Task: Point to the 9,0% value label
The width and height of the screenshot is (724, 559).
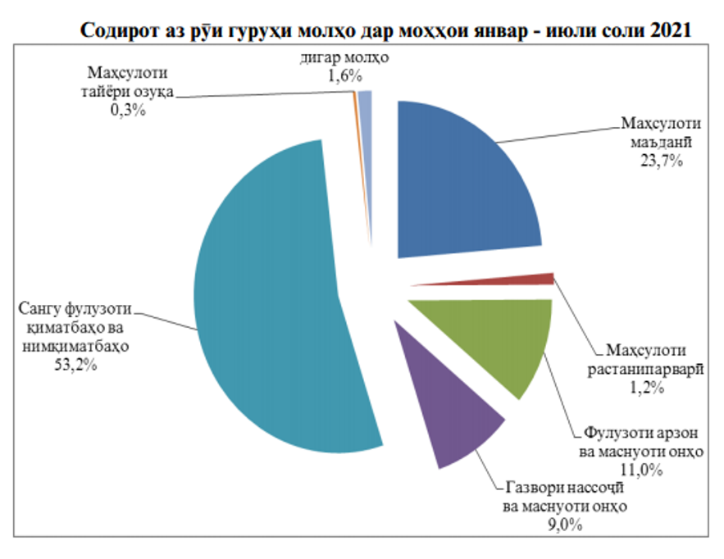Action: coord(563,525)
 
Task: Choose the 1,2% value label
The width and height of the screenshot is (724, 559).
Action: coord(646,388)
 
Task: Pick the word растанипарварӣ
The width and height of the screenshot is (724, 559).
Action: coord(646,369)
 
